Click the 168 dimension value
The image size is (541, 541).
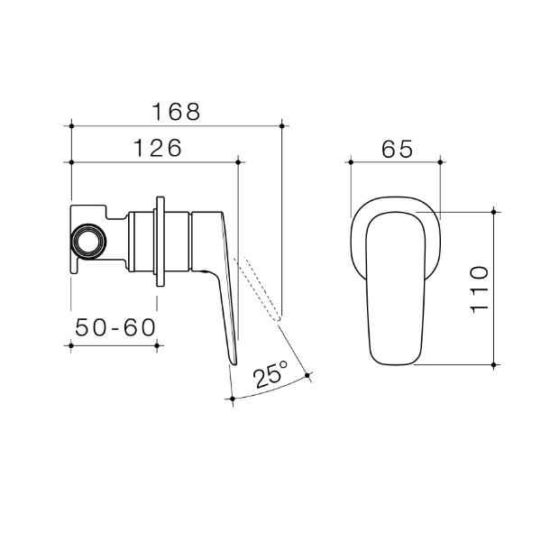pyautogui.click(x=175, y=112)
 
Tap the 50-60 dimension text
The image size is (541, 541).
pyautogui.click(x=115, y=328)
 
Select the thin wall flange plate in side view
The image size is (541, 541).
pyautogui.click(x=160, y=242)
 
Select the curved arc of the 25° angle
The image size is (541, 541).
pyautogui.click(x=270, y=390)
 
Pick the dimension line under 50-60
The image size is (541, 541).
pyautogui.click(x=115, y=344)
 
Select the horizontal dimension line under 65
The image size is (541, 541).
pyautogui.click(x=395, y=162)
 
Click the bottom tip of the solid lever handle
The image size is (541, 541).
pyautogui.click(x=234, y=362)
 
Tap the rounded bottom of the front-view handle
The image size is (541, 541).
pyautogui.click(x=395, y=362)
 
